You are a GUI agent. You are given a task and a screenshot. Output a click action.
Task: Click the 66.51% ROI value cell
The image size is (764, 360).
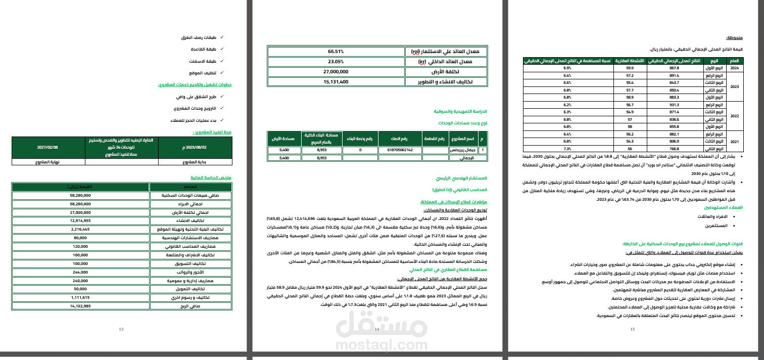[336, 52]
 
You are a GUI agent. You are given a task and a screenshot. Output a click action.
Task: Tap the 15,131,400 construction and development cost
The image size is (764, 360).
[336, 81]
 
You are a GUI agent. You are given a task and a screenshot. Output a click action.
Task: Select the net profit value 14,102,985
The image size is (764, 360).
[80, 306]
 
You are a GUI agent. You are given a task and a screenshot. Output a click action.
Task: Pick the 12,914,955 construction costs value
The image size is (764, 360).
[80, 220]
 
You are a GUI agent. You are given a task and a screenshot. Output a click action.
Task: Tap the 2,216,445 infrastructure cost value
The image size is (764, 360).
[80, 229]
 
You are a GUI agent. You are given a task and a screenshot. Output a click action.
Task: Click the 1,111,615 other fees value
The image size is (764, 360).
[80, 297]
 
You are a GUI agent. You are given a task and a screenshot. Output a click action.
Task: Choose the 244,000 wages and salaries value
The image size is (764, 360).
[80, 272]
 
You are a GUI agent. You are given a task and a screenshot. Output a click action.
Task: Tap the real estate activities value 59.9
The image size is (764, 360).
[630, 68]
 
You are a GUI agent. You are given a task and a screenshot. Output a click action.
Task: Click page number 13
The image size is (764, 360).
[121, 330]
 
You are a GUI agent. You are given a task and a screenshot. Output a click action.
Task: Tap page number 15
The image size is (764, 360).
[633, 330]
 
